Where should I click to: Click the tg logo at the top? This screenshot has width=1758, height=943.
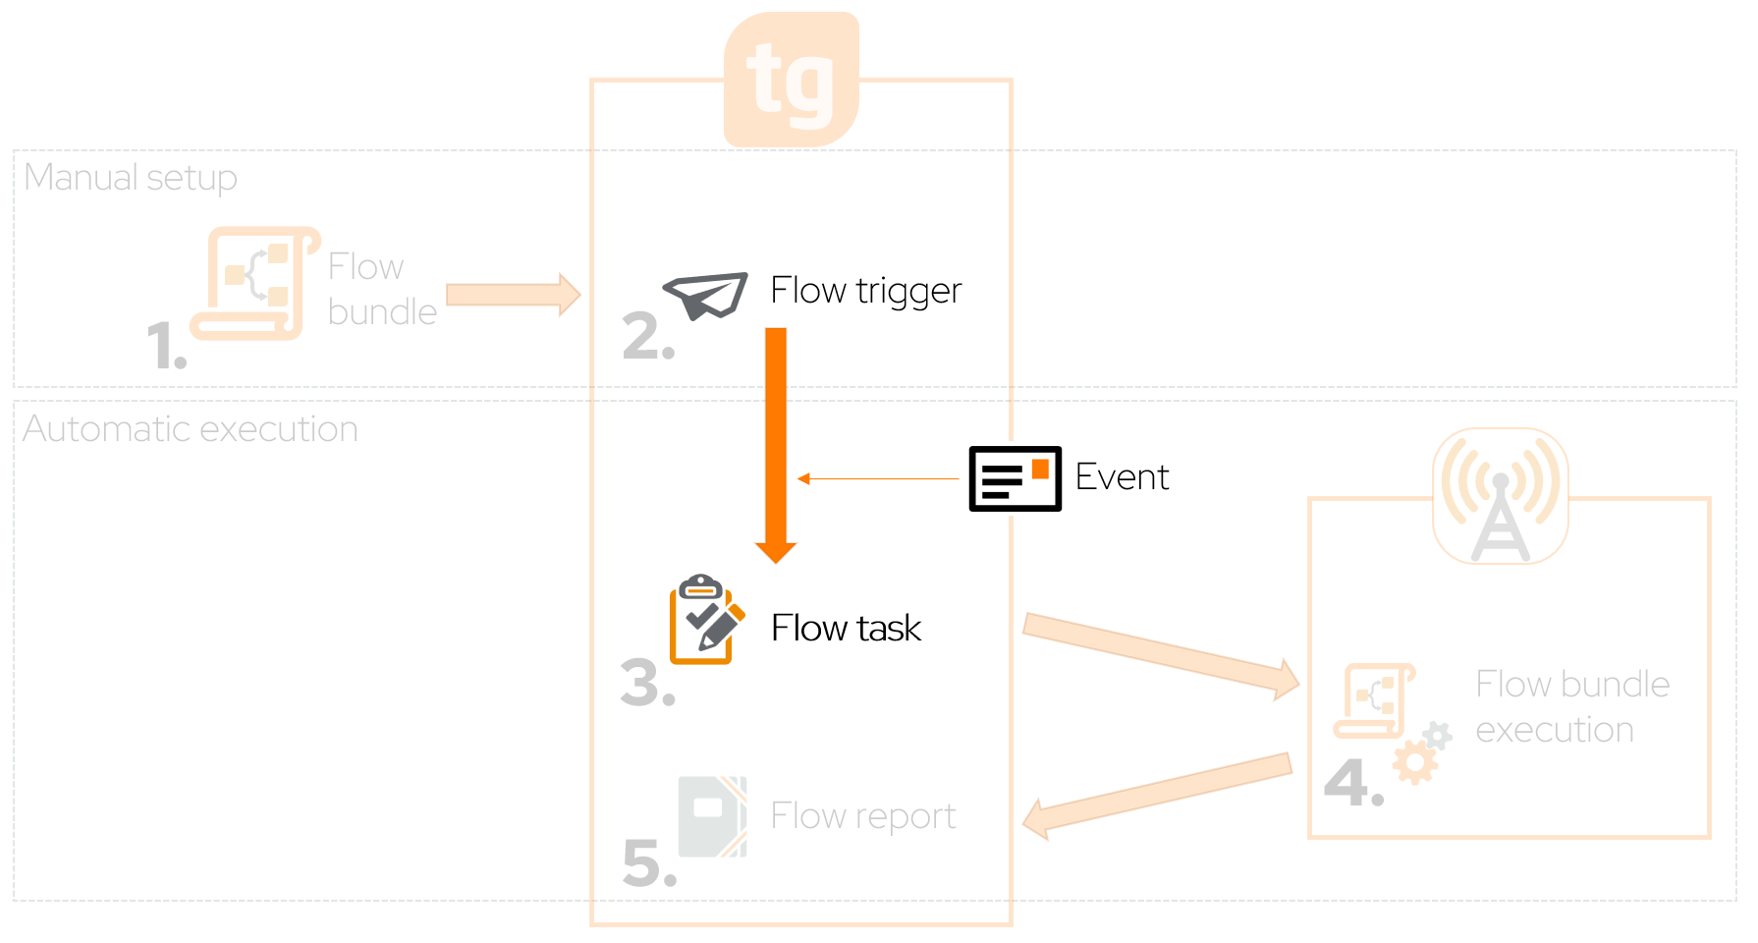click(x=792, y=80)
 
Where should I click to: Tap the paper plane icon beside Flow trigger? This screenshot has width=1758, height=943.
click(x=705, y=295)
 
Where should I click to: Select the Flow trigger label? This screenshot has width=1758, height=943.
click(x=865, y=291)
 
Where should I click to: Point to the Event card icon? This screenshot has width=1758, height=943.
click(x=1015, y=478)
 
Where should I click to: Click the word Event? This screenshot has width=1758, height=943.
click(x=1122, y=477)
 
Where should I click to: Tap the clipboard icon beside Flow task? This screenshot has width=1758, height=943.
click(x=703, y=621)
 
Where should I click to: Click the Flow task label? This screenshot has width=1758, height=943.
click(x=846, y=629)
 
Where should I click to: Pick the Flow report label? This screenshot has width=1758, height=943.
click(x=862, y=816)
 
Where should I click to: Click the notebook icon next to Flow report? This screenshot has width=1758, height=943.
click(x=712, y=817)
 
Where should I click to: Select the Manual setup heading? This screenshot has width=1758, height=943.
click(x=131, y=178)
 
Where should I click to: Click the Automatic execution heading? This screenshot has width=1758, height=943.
click(x=191, y=429)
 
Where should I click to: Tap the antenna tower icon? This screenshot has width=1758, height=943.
click(x=1500, y=496)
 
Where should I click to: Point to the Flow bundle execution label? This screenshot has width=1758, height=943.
click(x=1571, y=707)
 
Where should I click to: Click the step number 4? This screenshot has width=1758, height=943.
click(x=1352, y=783)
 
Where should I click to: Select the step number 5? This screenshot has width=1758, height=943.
click(x=649, y=864)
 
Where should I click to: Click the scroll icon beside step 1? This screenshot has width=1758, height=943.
click(x=254, y=284)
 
